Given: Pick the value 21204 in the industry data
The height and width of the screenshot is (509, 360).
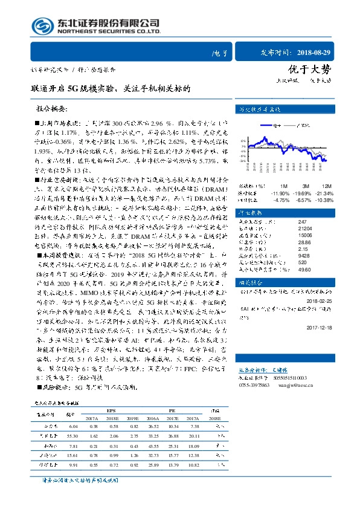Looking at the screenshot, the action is coord(289,229).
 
